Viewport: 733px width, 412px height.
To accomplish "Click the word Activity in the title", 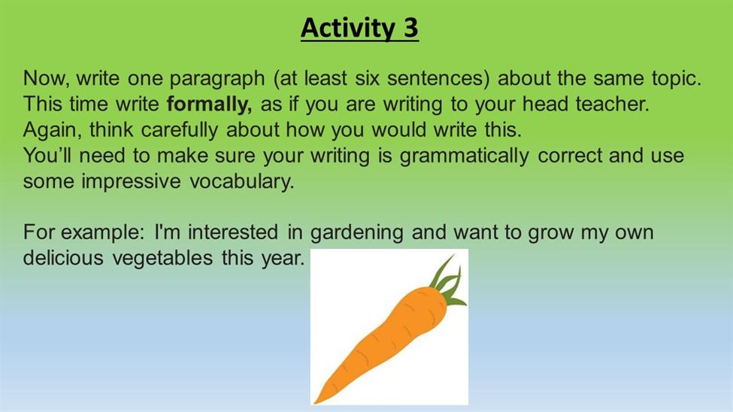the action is click(348, 28).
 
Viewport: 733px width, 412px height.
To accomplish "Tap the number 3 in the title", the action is click(411, 28).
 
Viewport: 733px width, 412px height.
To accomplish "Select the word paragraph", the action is click(217, 79).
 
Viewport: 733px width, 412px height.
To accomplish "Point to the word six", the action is click(367, 77).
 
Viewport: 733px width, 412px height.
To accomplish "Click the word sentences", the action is click(438, 78).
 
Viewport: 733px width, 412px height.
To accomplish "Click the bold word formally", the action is click(209, 105).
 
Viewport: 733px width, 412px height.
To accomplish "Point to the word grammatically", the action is click(464, 156).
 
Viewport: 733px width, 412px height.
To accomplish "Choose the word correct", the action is click(570, 156).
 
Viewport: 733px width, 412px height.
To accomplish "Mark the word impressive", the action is click(131, 182).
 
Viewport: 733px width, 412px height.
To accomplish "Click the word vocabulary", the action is click(241, 182).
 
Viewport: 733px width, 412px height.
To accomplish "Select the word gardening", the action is click(356, 233).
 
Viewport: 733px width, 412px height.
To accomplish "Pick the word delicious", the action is click(63, 258).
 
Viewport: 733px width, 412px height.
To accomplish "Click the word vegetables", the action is click(162, 259).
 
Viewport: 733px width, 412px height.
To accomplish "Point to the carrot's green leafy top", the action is click(447, 281).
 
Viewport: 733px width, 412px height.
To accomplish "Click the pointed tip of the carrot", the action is click(316, 402).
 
